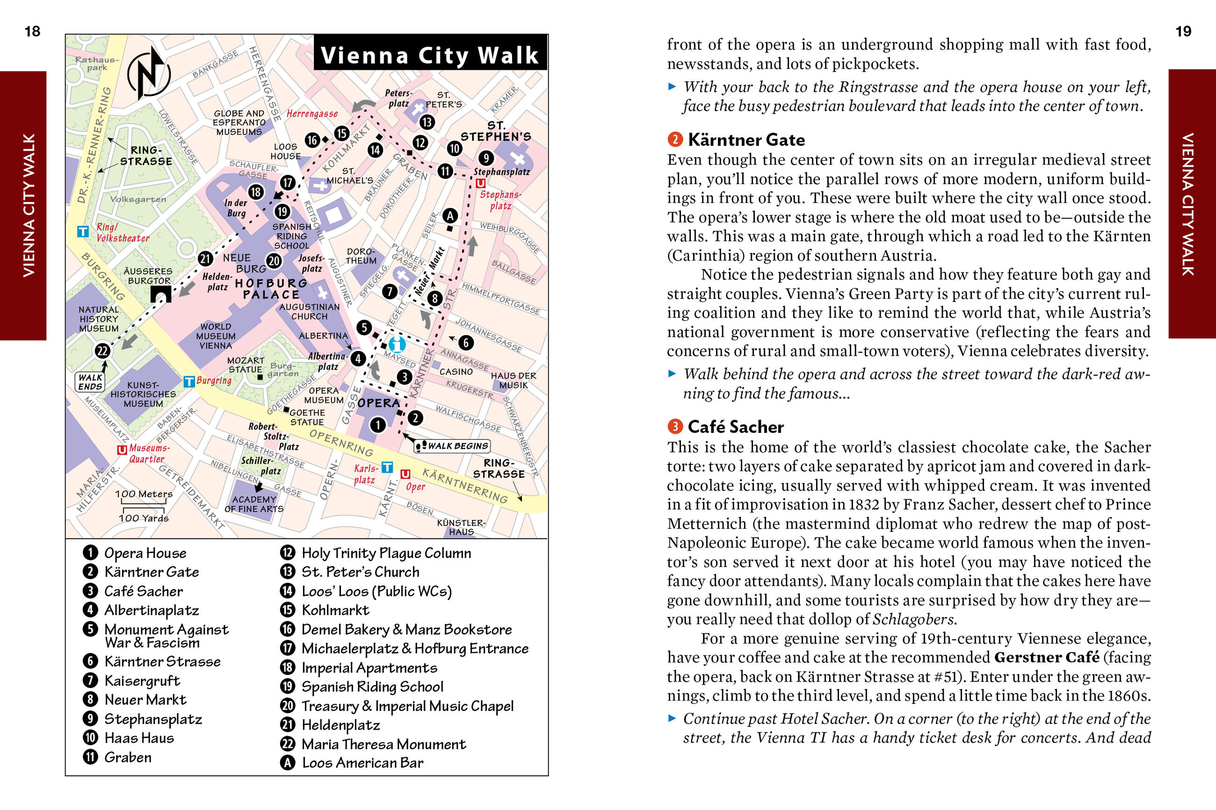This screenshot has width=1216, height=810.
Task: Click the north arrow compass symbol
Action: tap(149, 73)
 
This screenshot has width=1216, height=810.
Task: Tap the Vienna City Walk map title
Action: tap(429, 55)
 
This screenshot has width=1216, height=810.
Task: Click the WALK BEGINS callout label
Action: tap(453, 446)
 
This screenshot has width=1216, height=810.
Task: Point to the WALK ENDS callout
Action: tap(90, 382)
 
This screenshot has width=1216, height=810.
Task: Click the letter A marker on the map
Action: tap(450, 215)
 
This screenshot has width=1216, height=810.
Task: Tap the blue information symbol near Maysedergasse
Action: tap(397, 344)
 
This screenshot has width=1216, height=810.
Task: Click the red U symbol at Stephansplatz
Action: tap(481, 183)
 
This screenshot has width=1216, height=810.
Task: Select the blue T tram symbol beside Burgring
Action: tap(189, 382)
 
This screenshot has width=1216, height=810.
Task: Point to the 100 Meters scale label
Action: tap(144, 495)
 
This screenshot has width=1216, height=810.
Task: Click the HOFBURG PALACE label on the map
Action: tap(271, 289)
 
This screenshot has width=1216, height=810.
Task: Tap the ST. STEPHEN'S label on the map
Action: tap(496, 131)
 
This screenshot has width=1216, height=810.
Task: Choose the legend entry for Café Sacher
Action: tap(143, 591)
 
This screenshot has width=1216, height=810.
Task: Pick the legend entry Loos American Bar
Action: tap(362, 763)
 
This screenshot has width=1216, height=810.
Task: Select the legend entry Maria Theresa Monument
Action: tap(384, 744)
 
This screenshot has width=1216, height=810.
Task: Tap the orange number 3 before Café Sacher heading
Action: tap(675, 427)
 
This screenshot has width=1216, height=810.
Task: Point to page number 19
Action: tap(1183, 31)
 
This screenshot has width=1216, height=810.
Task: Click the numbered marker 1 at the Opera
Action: tap(378, 424)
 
